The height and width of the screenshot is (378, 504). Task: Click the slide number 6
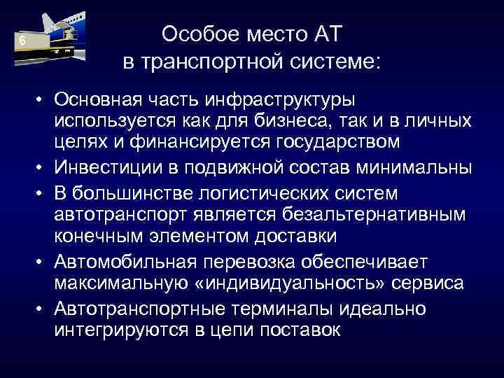pos(22,41)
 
